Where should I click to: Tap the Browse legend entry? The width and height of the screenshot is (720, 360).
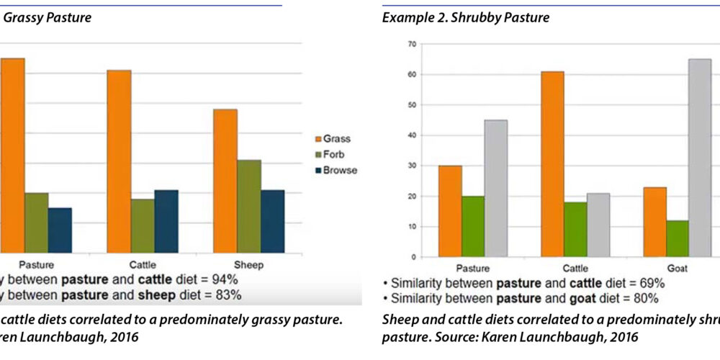(336, 171)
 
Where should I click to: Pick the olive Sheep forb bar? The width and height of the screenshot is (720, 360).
(249, 204)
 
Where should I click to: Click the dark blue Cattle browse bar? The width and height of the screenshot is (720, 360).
(166, 220)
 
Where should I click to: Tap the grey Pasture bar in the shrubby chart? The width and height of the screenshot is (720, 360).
(495, 188)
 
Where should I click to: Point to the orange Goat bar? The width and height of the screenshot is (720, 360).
(654, 222)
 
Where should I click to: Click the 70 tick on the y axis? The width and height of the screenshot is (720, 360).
(412, 44)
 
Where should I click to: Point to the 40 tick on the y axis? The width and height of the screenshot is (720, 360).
(412, 135)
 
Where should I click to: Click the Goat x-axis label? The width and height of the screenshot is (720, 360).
(678, 268)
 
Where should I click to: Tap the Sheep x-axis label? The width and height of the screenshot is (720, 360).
(249, 265)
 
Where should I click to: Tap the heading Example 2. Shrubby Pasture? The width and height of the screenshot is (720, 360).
(465, 18)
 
